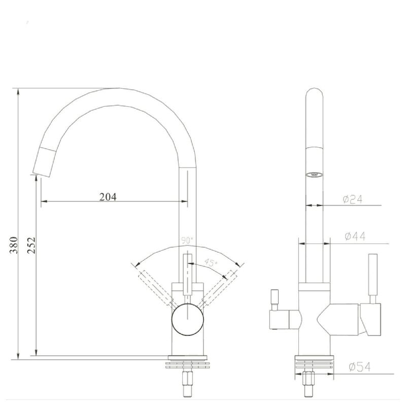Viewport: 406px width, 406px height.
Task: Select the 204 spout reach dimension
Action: coord(108,196)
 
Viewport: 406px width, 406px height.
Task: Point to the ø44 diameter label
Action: coord(355,236)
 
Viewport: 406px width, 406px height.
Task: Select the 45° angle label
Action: coord(210,263)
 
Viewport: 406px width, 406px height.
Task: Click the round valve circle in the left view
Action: coord(188,320)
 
